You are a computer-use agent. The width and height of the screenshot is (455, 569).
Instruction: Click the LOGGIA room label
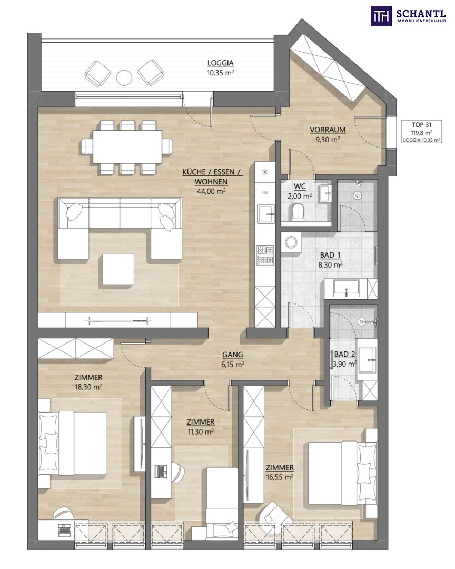[x=220, y=63]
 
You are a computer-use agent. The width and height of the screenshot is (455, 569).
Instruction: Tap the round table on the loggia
[x=124, y=77]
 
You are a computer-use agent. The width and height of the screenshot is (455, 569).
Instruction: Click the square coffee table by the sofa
[x=118, y=269]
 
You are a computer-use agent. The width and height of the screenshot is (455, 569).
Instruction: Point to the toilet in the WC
[x=298, y=212]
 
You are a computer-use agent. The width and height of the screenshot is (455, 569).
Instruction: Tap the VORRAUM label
[x=327, y=130]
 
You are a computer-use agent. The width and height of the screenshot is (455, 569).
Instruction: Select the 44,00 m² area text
[x=211, y=191]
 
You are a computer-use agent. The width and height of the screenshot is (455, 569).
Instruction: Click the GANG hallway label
[x=233, y=355]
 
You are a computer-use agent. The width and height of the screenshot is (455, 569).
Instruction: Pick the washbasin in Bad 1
[x=347, y=288]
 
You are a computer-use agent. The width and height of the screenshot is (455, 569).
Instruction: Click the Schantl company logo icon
[x=381, y=16]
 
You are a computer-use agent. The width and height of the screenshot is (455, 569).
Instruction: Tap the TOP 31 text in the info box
[x=422, y=125]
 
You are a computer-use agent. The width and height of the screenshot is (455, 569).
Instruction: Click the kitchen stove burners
[x=265, y=255]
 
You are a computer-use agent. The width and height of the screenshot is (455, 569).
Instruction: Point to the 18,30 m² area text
[x=88, y=387]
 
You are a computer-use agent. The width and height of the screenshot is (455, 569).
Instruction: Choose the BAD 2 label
[x=344, y=354]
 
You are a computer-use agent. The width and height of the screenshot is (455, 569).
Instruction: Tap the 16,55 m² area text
[x=280, y=477]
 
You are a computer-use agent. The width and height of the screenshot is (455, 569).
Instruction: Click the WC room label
[x=300, y=187]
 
